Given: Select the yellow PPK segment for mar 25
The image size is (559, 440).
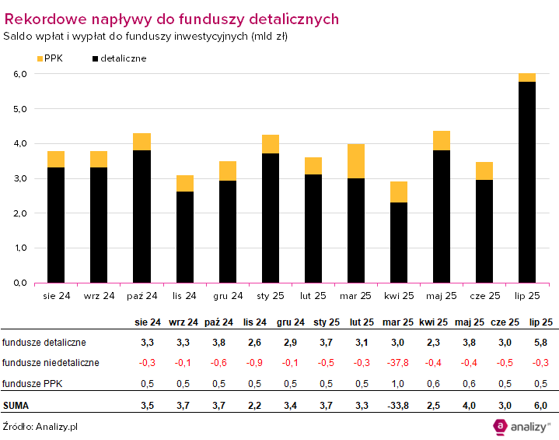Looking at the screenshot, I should (x=356, y=161).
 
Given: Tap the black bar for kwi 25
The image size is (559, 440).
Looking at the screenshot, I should (x=399, y=242).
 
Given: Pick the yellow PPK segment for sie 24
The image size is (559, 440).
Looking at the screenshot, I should (x=56, y=159).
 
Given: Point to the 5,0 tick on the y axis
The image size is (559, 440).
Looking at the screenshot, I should (x=20, y=109).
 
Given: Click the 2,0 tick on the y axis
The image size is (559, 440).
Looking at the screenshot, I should (x=20, y=213).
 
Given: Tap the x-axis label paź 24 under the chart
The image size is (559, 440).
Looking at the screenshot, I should (x=141, y=296).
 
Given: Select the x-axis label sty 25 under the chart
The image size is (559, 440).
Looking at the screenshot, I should (x=270, y=296).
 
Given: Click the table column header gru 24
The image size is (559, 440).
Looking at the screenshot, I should (x=290, y=322).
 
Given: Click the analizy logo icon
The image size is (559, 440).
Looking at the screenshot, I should (x=501, y=425).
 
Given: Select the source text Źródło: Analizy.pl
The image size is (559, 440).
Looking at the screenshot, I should (x=40, y=426).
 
